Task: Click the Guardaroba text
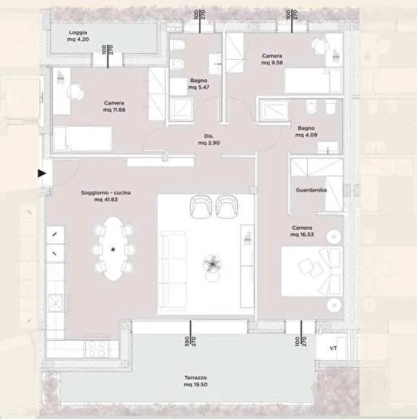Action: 308,192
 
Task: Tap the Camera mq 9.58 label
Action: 273,59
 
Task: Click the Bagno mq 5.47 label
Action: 199,85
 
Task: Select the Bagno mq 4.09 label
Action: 307,132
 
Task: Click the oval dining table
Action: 112,250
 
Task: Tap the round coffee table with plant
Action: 212,264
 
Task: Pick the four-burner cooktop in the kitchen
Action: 97,347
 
